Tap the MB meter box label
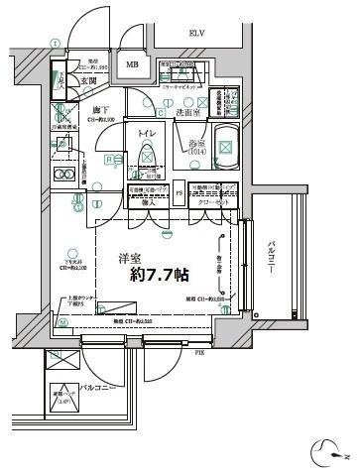point(132,66)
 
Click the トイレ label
point(146,133)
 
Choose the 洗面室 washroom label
point(190,113)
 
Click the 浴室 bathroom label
point(196,146)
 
